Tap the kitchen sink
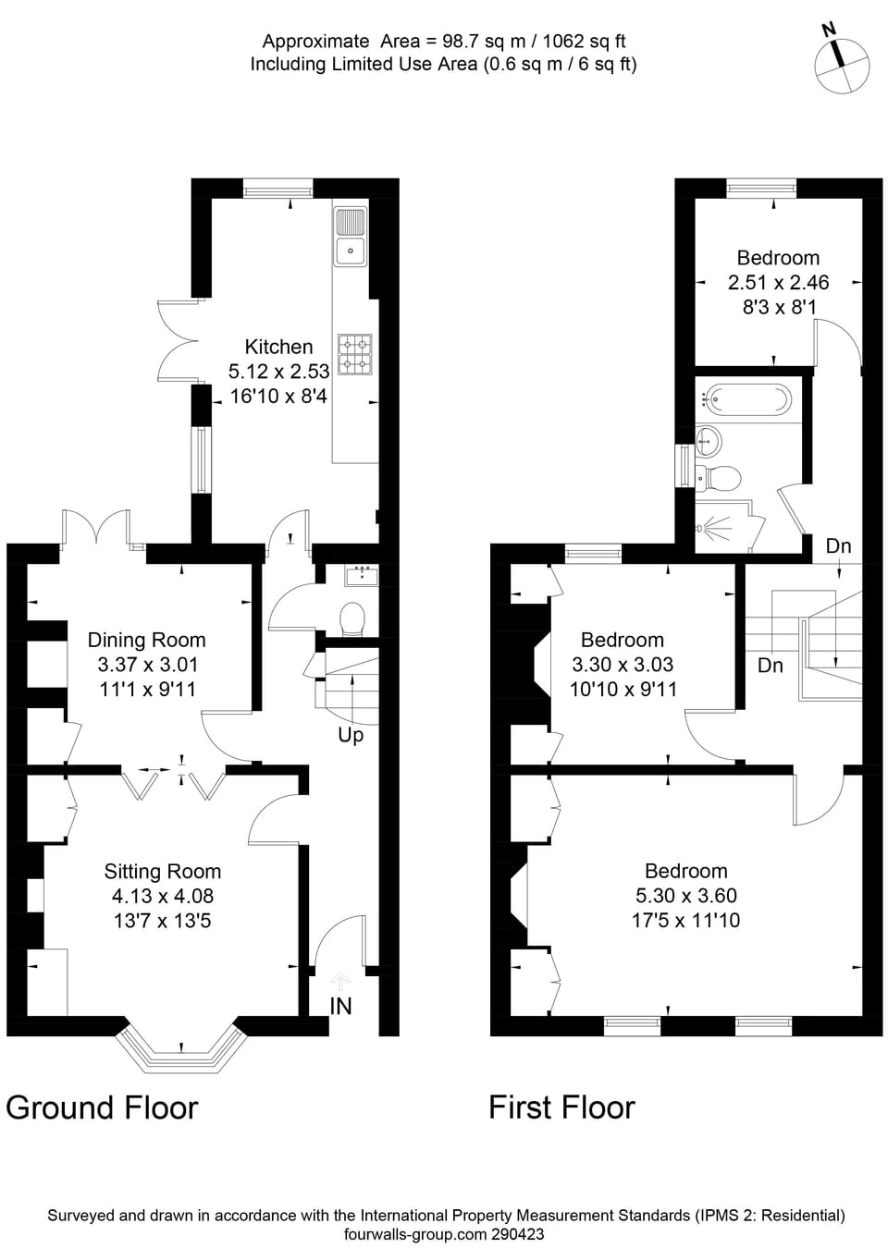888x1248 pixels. [x=351, y=237]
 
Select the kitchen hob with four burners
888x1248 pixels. [x=355, y=354]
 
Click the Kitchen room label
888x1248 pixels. [x=278, y=347]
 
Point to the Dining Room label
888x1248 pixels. [x=146, y=640]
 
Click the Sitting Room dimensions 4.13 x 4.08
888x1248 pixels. [x=162, y=896]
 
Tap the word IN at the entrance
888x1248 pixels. [x=340, y=1006]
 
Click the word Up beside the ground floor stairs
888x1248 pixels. [x=351, y=735]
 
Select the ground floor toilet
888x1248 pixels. [x=352, y=618]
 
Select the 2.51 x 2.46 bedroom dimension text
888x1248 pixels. [x=778, y=283]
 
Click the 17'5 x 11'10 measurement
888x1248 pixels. [x=685, y=921]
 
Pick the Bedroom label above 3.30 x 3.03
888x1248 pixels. [x=622, y=640]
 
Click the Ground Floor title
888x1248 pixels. [x=102, y=1107]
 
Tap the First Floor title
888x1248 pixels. [x=561, y=1107]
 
